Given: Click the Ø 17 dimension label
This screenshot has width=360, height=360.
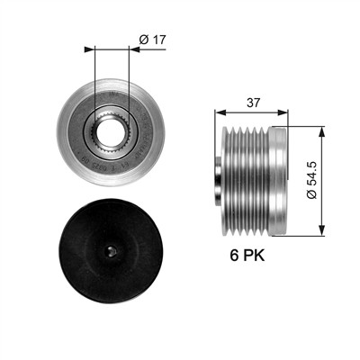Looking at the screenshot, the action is [x=152, y=40].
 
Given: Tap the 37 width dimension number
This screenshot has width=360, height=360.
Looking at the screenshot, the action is [x=253, y=103].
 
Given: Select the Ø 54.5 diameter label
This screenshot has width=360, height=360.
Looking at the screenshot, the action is [x=311, y=180].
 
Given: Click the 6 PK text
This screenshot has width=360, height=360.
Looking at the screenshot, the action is [x=247, y=256].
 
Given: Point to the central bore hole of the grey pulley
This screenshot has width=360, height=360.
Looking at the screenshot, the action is [x=111, y=132].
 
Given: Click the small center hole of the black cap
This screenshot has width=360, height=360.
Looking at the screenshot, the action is [x=111, y=251].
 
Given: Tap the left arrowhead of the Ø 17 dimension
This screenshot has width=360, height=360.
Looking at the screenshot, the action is [x=89, y=49].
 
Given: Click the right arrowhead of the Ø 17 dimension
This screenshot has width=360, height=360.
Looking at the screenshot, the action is [x=134, y=49].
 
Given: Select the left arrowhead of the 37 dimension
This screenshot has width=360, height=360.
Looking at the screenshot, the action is [x=220, y=112].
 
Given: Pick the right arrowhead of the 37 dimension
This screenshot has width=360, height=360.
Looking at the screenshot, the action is [x=283, y=112].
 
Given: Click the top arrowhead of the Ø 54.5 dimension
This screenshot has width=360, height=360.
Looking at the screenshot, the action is [x=321, y=131].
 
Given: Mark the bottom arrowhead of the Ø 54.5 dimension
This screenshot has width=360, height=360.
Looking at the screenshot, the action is [x=321, y=230].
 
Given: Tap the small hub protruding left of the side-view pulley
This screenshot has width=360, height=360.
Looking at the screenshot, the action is [x=218, y=181].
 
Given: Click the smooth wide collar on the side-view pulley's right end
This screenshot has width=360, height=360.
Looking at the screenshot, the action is [x=278, y=181].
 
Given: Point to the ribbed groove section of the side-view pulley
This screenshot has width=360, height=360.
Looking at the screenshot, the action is [x=246, y=181].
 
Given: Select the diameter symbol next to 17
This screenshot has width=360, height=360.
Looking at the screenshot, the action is [x=144, y=40].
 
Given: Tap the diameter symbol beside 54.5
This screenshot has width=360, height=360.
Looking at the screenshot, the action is [x=311, y=194].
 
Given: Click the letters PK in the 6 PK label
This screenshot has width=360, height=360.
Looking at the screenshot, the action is [x=254, y=256].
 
